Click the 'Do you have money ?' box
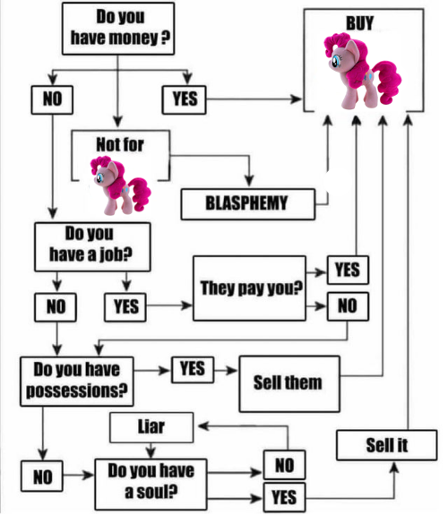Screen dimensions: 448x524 click(x=118, y=29)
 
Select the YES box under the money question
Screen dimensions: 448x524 click(x=185, y=99)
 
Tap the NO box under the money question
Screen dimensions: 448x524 click(x=52, y=99)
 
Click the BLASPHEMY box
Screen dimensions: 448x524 click(x=247, y=204)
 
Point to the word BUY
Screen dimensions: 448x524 click(x=359, y=23)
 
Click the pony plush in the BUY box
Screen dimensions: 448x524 click(x=363, y=71)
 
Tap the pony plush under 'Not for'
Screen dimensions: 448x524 click(x=120, y=185)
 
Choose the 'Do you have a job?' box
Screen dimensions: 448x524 click(x=92, y=247)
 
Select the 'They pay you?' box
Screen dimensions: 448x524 click(x=249, y=288)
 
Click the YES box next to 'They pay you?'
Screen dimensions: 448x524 click(x=348, y=270)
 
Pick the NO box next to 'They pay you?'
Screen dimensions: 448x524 click(x=348, y=306)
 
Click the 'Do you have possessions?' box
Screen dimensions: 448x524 click(x=76, y=382)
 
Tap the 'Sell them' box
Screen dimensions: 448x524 click(x=289, y=383)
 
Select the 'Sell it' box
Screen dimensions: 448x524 click(x=386, y=445)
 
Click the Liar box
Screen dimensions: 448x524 click(x=151, y=427)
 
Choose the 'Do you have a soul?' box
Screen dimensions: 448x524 click(x=151, y=484)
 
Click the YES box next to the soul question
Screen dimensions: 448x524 click(x=284, y=497)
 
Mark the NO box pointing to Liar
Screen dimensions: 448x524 click(x=284, y=465)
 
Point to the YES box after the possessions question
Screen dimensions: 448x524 click(x=193, y=370)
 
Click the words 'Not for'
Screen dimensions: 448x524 click(x=120, y=145)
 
